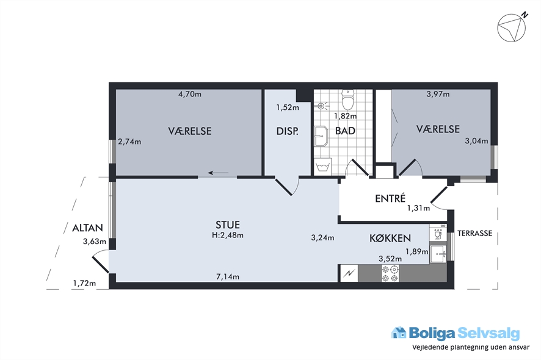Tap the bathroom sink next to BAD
321,136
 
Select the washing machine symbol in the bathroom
323,167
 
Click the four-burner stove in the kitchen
390,273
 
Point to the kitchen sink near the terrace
438,254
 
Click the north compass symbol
512,27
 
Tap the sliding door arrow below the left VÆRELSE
218,173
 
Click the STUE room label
228,225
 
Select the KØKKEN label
390,239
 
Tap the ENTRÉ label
390,199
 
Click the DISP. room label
288,131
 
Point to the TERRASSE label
475,234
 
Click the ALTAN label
88,228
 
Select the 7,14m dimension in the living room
228,276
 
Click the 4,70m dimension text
190,94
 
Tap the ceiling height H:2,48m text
228,236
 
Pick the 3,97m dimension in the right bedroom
438,94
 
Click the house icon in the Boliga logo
399,333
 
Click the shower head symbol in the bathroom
321,106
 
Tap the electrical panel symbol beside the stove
349,273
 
